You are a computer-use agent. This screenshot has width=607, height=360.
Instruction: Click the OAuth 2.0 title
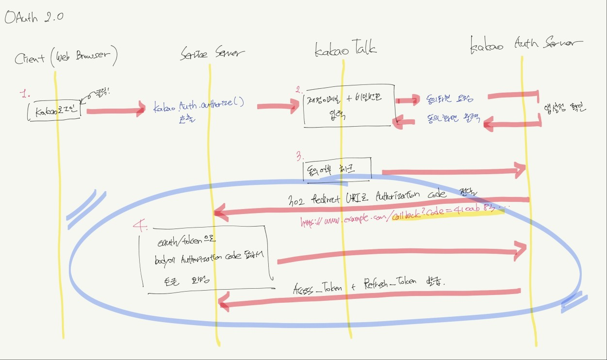tap(33, 17)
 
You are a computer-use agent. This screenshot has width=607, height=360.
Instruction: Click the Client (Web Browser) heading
tap(66, 58)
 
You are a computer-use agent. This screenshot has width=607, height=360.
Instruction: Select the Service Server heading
tap(213, 53)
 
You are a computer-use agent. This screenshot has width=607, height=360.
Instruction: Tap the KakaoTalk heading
tap(345, 49)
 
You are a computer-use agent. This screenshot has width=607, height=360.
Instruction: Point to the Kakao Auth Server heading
tap(526, 45)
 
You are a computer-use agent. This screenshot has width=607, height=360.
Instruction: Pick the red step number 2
tap(299, 89)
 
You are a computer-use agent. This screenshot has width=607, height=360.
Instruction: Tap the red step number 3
tap(300, 156)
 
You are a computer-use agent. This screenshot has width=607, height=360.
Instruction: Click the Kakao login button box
tap(56, 112)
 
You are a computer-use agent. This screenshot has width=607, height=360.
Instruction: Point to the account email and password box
tap(346, 110)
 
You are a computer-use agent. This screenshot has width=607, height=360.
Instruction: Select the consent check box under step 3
tap(337, 169)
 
